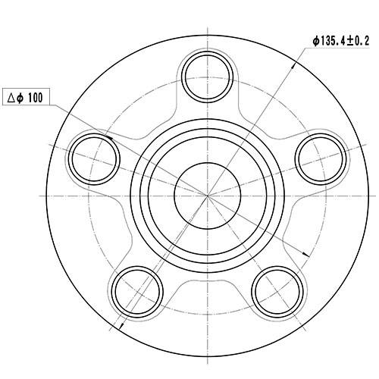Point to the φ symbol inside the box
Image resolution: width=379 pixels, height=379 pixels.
coord(23,98)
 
